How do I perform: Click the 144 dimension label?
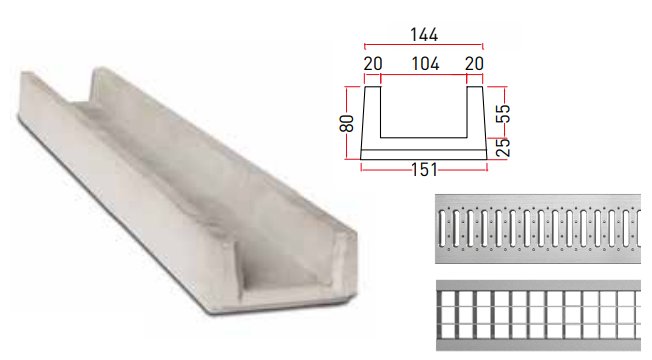click(x=424, y=35)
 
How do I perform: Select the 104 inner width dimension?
click(x=425, y=64)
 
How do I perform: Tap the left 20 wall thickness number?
click(x=373, y=64)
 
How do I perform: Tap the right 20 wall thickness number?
click(x=474, y=64)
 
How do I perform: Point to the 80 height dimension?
click(x=347, y=123)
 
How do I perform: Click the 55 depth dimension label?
click(x=503, y=113)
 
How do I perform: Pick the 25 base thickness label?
click(x=503, y=147)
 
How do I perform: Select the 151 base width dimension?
click(x=424, y=170)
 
